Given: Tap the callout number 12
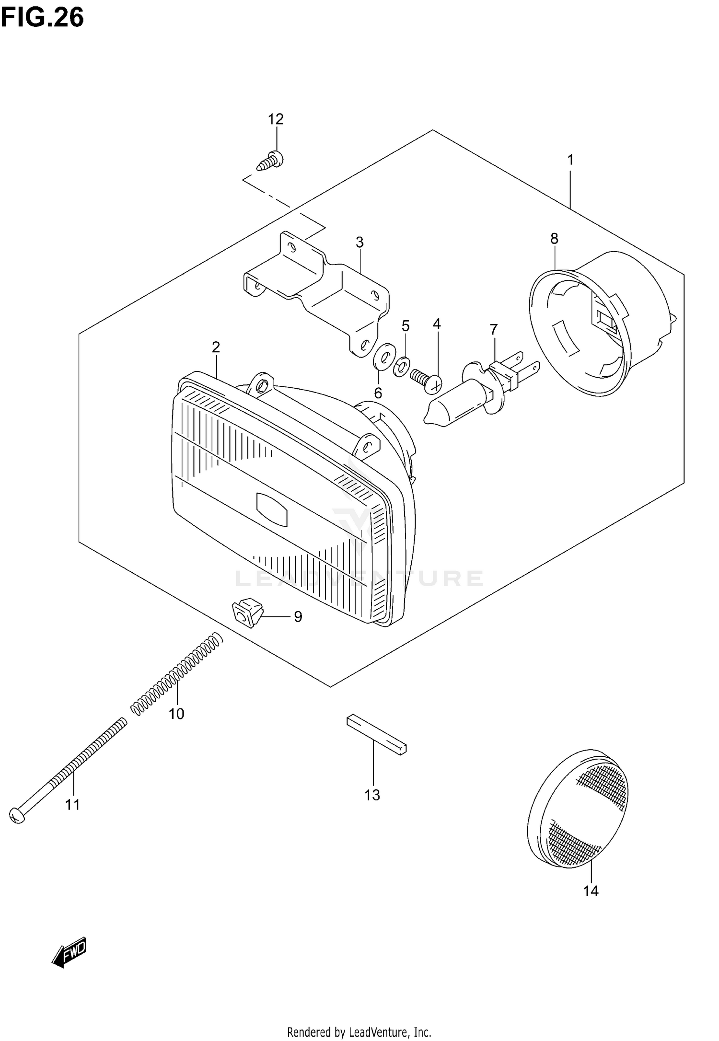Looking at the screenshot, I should [276, 119].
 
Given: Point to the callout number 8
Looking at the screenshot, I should [554, 238].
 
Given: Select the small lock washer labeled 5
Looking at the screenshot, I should [402, 368].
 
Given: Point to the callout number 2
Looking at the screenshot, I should [216, 347].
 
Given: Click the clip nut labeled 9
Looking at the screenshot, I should [247, 613].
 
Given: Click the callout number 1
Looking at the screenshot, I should [570, 160].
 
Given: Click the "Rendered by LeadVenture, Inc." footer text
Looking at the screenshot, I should [359, 1029].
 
